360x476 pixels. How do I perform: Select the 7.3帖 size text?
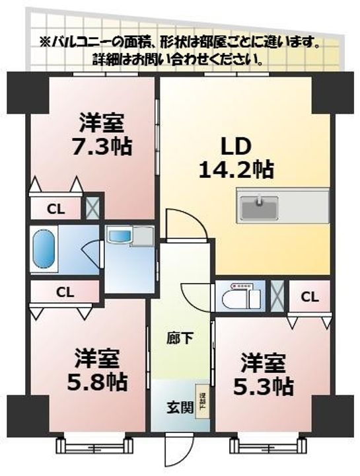(x=102, y=145)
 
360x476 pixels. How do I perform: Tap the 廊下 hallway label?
(x=179, y=340)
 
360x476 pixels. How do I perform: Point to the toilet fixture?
(x=242, y=297)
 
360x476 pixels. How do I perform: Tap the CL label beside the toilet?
(x=309, y=297)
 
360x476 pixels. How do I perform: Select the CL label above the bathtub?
(x=55, y=210)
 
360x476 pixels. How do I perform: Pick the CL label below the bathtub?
(x=64, y=292)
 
